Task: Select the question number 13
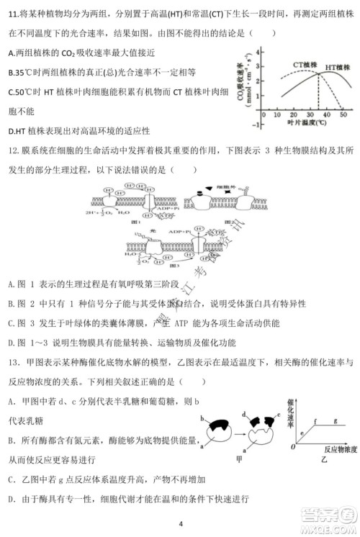(14, 368)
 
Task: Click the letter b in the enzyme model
(204, 418)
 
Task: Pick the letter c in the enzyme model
(277, 418)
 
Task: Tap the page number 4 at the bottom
(181, 524)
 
